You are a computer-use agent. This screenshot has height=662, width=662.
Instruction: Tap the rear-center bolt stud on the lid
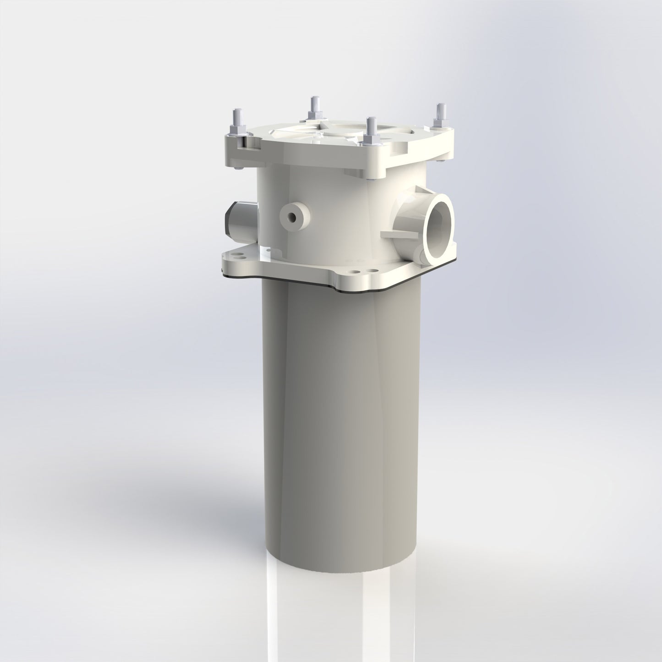pos(314,104)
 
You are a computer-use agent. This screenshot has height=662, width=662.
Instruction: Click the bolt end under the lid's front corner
pos(370,180)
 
